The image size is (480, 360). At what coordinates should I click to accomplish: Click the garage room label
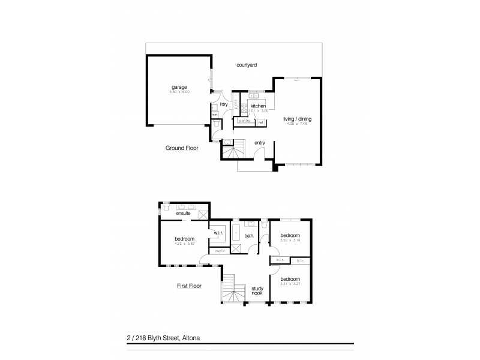179,87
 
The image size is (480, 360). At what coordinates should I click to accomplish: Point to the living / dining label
298,119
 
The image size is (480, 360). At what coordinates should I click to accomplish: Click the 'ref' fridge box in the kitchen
261,122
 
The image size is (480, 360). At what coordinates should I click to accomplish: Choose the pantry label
244,121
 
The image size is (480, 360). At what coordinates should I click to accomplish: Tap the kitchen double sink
254,95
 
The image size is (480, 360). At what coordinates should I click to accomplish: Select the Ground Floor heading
182,147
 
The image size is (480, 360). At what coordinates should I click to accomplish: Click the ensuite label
183,213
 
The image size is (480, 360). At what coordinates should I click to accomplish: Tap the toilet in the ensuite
164,209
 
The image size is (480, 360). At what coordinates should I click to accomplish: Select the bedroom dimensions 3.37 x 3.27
290,284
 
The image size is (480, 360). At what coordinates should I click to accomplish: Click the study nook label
257,290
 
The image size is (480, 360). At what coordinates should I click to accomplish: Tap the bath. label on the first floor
249,236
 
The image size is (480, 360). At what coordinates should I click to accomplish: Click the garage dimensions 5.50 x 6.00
179,92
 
